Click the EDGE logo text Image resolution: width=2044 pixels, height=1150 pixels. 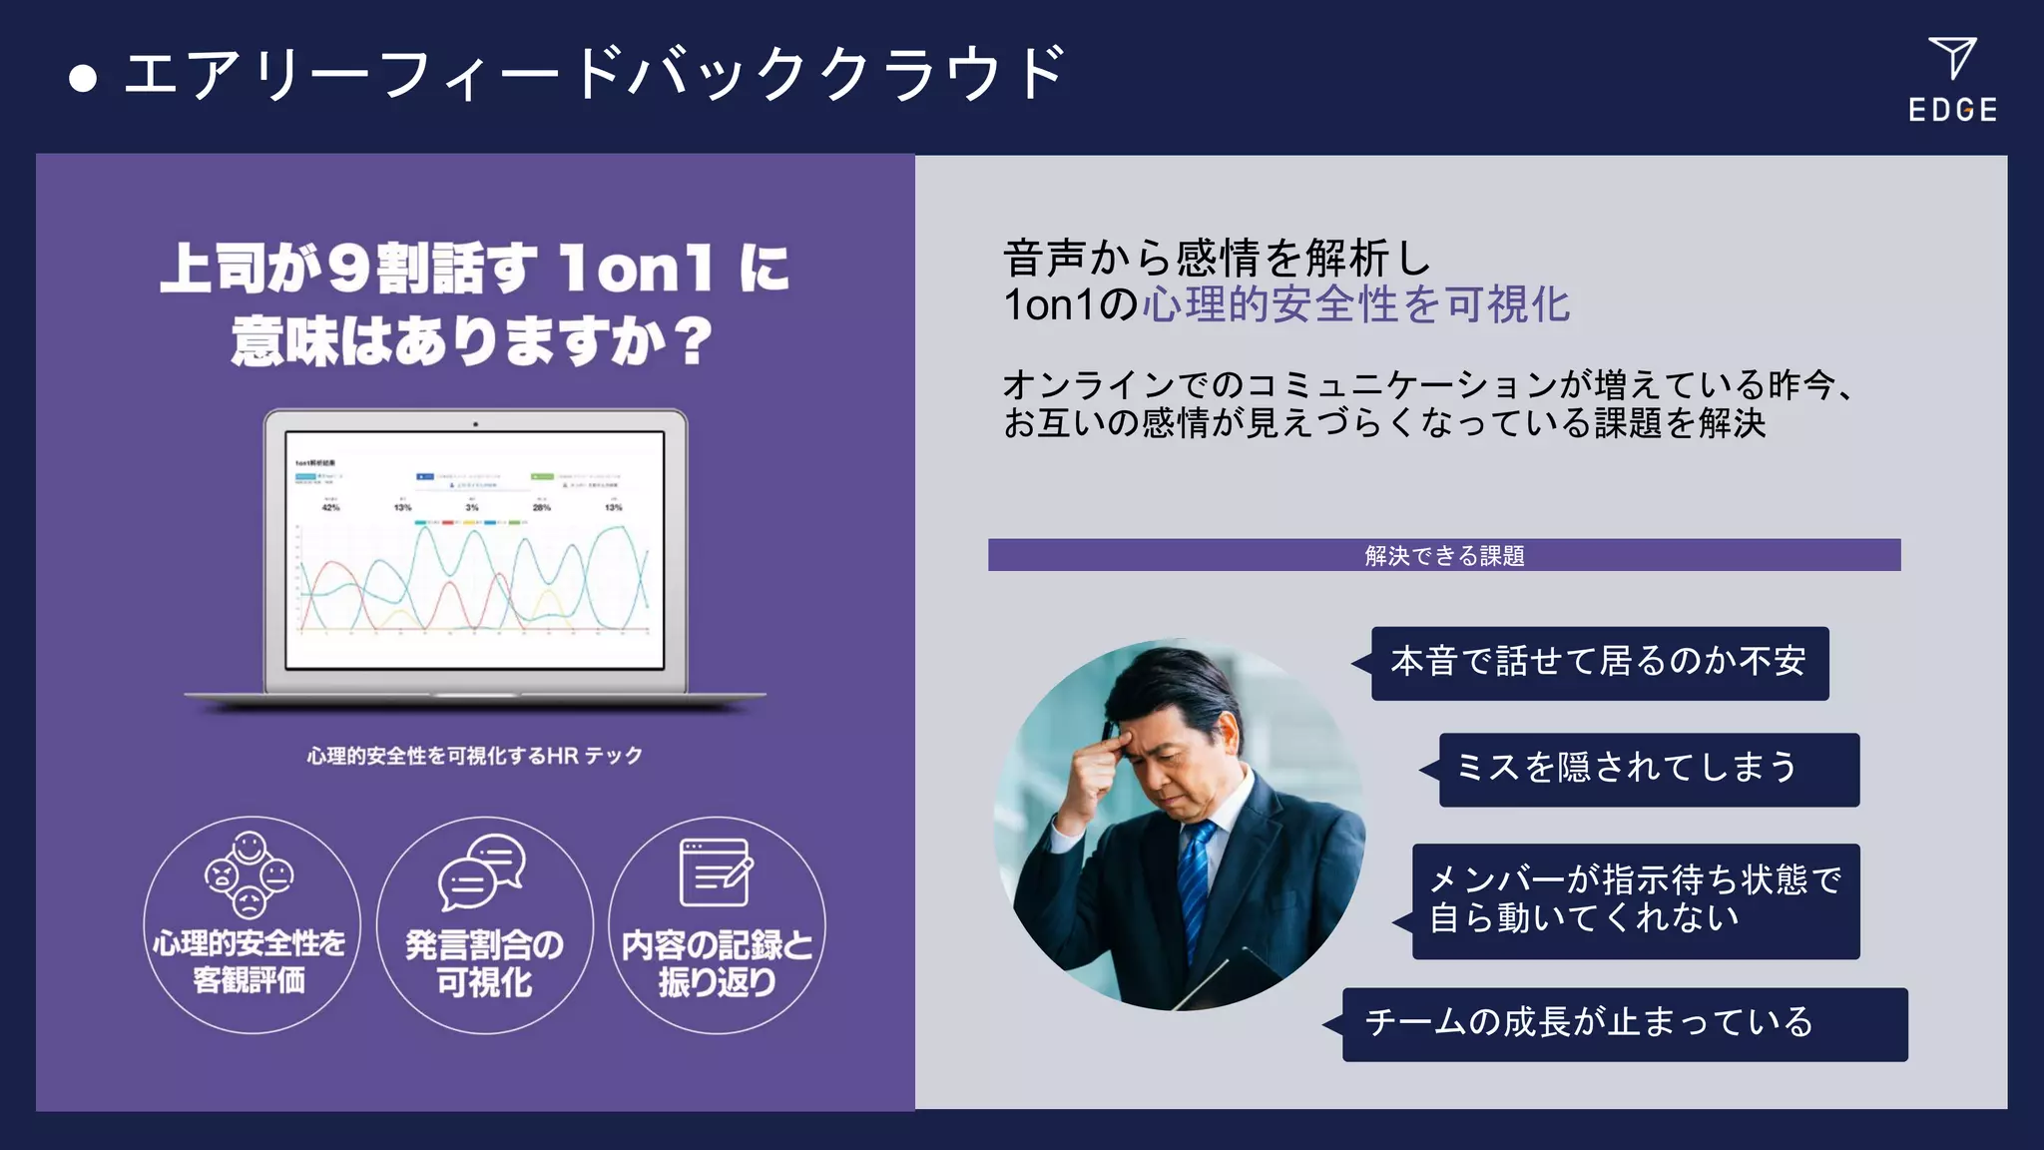coord(1952,110)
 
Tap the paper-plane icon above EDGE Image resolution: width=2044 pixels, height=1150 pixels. coord(1952,58)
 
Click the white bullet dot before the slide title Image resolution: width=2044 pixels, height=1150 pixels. coord(83,79)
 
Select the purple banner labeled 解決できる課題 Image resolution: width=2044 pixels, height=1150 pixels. coord(1443,555)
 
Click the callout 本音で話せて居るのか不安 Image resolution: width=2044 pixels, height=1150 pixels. coord(1599,663)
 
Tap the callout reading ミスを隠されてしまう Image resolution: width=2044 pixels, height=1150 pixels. coord(1648,769)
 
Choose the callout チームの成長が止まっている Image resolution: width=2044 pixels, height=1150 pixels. coord(1624,1023)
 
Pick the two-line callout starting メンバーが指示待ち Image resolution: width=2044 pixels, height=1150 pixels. coord(1635,900)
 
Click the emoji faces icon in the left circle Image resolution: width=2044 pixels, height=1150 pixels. coord(249,875)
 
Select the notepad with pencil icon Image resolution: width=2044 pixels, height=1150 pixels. coord(715,872)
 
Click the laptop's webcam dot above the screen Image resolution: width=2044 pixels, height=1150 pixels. coord(475,424)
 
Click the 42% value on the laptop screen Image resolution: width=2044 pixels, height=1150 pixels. coord(330,507)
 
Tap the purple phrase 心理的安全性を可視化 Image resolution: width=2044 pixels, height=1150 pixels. coord(1356,304)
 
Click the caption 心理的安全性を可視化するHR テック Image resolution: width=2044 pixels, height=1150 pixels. coord(474,756)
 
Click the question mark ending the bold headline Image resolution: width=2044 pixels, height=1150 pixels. coord(692,341)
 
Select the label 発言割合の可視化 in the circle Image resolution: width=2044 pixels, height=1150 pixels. coord(484,963)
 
